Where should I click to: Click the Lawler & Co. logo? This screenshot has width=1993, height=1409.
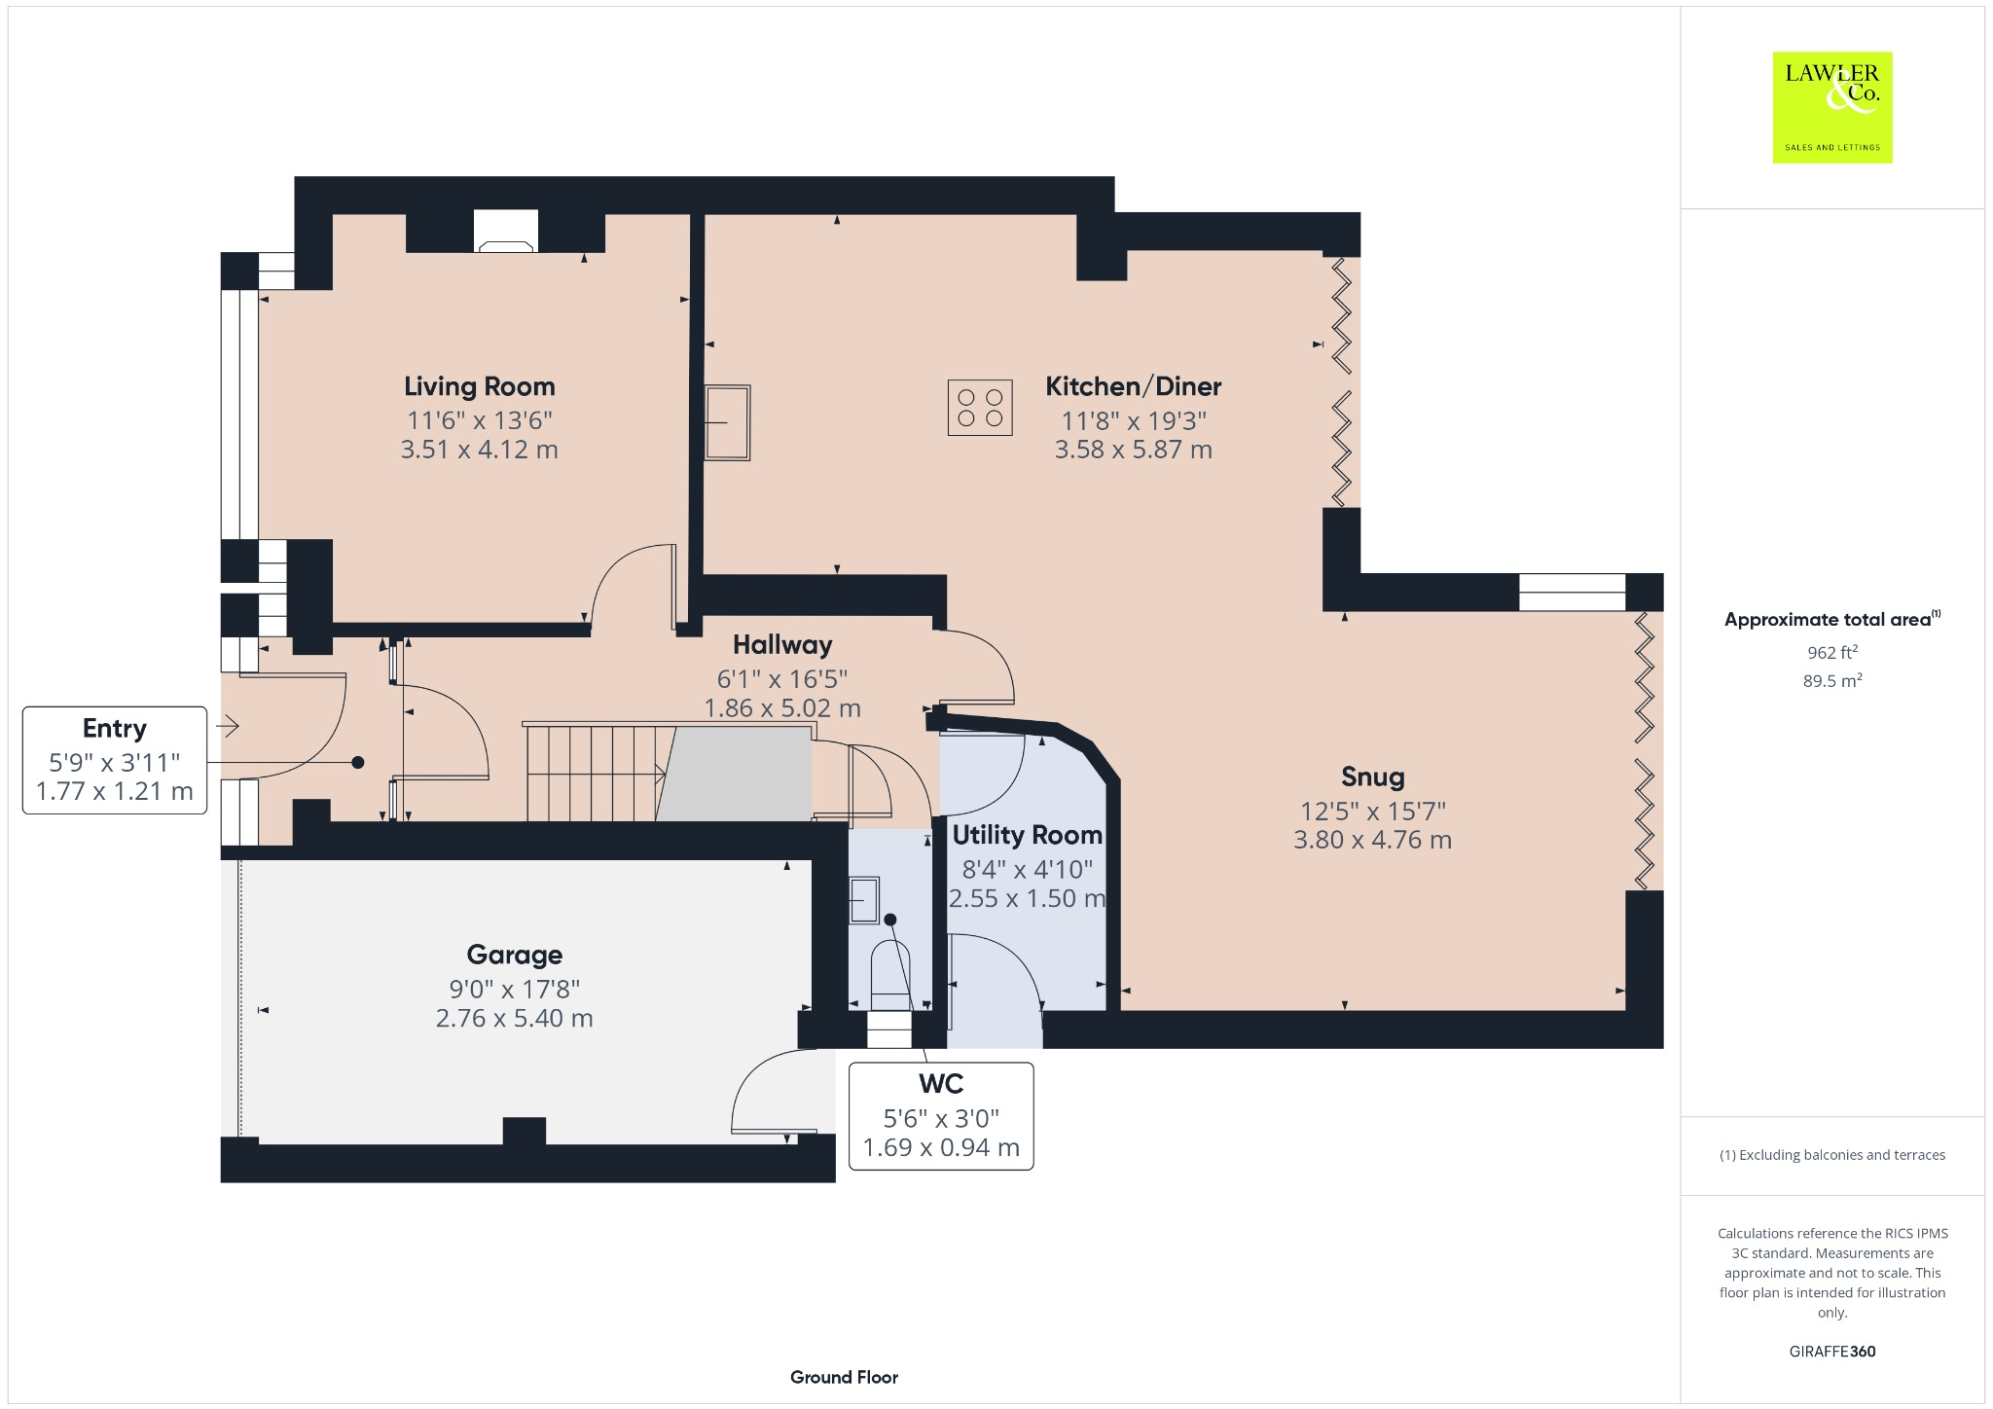pyautogui.click(x=1831, y=107)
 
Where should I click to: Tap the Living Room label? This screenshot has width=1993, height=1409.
pyautogui.click(x=479, y=386)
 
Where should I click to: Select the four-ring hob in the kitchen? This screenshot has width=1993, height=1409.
pyautogui.click(x=979, y=407)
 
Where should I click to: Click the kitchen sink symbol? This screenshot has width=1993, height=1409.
pyautogui.click(x=727, y=422)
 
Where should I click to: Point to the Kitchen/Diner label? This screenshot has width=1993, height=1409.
pyautogui.click(x=1133, y=386)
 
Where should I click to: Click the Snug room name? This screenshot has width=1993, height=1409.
pyautogui.click(x=1372, y=777)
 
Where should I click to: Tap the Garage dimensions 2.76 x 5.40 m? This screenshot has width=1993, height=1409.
pyautogui.click(x=514, y=1018)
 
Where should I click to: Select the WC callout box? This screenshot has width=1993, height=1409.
pyautogui.click(x=940, y=1115)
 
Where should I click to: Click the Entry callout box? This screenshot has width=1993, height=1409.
pyautogui.click(x=115, y=760)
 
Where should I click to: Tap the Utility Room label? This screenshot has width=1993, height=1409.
pyautogui.click(x=1027, y=835)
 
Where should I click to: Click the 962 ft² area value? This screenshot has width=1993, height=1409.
pyautogui.click(x=1831, y=652)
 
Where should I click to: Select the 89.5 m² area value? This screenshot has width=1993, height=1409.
pyautogui.click(x=1831, y=680)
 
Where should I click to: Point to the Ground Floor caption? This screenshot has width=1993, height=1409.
pyautogui.click(x=844, y=1377)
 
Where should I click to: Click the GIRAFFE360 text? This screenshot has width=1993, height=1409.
pyautogui.click(x=1831, y=1351)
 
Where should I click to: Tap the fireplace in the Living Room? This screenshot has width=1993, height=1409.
pyautogui.click(x=505, y=232)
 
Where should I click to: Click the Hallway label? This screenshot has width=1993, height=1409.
pyautogui.click(x=781, y=645)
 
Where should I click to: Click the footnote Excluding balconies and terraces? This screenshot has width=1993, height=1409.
pyautogui.click(x=1831, y=1155)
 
